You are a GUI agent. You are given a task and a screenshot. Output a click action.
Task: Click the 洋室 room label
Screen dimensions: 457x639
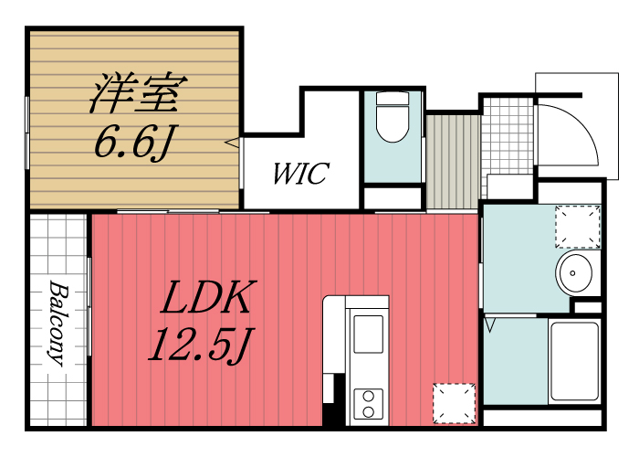coord(137,93)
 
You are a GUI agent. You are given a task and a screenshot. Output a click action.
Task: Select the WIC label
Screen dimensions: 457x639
coord(300,174)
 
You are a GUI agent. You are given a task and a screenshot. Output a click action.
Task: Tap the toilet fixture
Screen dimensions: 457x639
coord(393,119)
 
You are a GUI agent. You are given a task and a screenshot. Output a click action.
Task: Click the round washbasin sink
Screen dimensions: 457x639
coord(573,271)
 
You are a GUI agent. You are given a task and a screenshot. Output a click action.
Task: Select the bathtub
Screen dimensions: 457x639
coord(573,361)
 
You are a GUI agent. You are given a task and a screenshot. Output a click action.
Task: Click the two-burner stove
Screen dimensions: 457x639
coord(369,403)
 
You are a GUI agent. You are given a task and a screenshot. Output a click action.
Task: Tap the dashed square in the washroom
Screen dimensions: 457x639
coord(578,227)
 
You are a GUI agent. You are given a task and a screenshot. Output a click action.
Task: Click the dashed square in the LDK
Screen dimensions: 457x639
coord(455,403)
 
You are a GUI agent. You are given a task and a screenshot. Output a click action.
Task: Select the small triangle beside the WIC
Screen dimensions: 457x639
coord(234,143)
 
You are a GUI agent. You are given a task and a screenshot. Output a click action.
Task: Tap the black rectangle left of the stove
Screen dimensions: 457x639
coord(333,403)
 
